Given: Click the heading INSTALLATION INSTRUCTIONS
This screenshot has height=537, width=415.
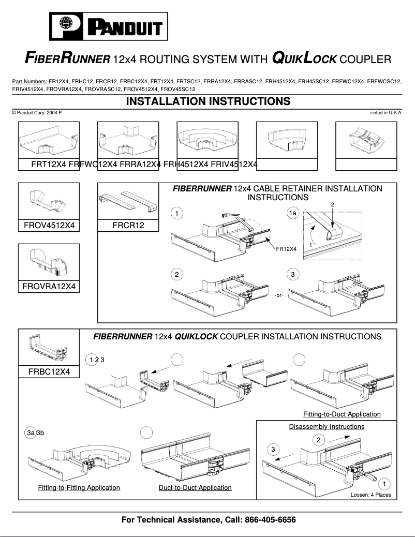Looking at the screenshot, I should coord(208,101).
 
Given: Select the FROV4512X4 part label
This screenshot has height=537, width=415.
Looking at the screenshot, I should coord(49,226).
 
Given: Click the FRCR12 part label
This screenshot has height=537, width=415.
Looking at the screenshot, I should coord(128,226).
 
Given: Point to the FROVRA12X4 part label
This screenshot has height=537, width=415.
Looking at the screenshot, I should coord(49,286).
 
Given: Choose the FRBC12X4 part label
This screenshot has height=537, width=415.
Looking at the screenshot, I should coord(49,372).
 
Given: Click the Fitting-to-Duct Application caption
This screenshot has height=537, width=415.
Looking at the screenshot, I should coord(342,414).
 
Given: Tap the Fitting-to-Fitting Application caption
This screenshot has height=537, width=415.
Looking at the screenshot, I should coord(79,488).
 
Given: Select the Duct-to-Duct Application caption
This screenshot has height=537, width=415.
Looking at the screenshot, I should coord(195,488).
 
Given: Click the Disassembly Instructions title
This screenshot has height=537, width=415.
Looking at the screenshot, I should coord(327,427).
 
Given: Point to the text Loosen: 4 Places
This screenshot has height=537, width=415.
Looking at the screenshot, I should coord(370,495).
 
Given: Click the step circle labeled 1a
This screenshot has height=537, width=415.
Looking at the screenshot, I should coord(293,214).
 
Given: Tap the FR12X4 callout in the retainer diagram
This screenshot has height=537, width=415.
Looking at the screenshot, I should coord(286,249).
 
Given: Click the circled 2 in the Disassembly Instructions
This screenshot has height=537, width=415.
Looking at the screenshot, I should coord(319,440).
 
